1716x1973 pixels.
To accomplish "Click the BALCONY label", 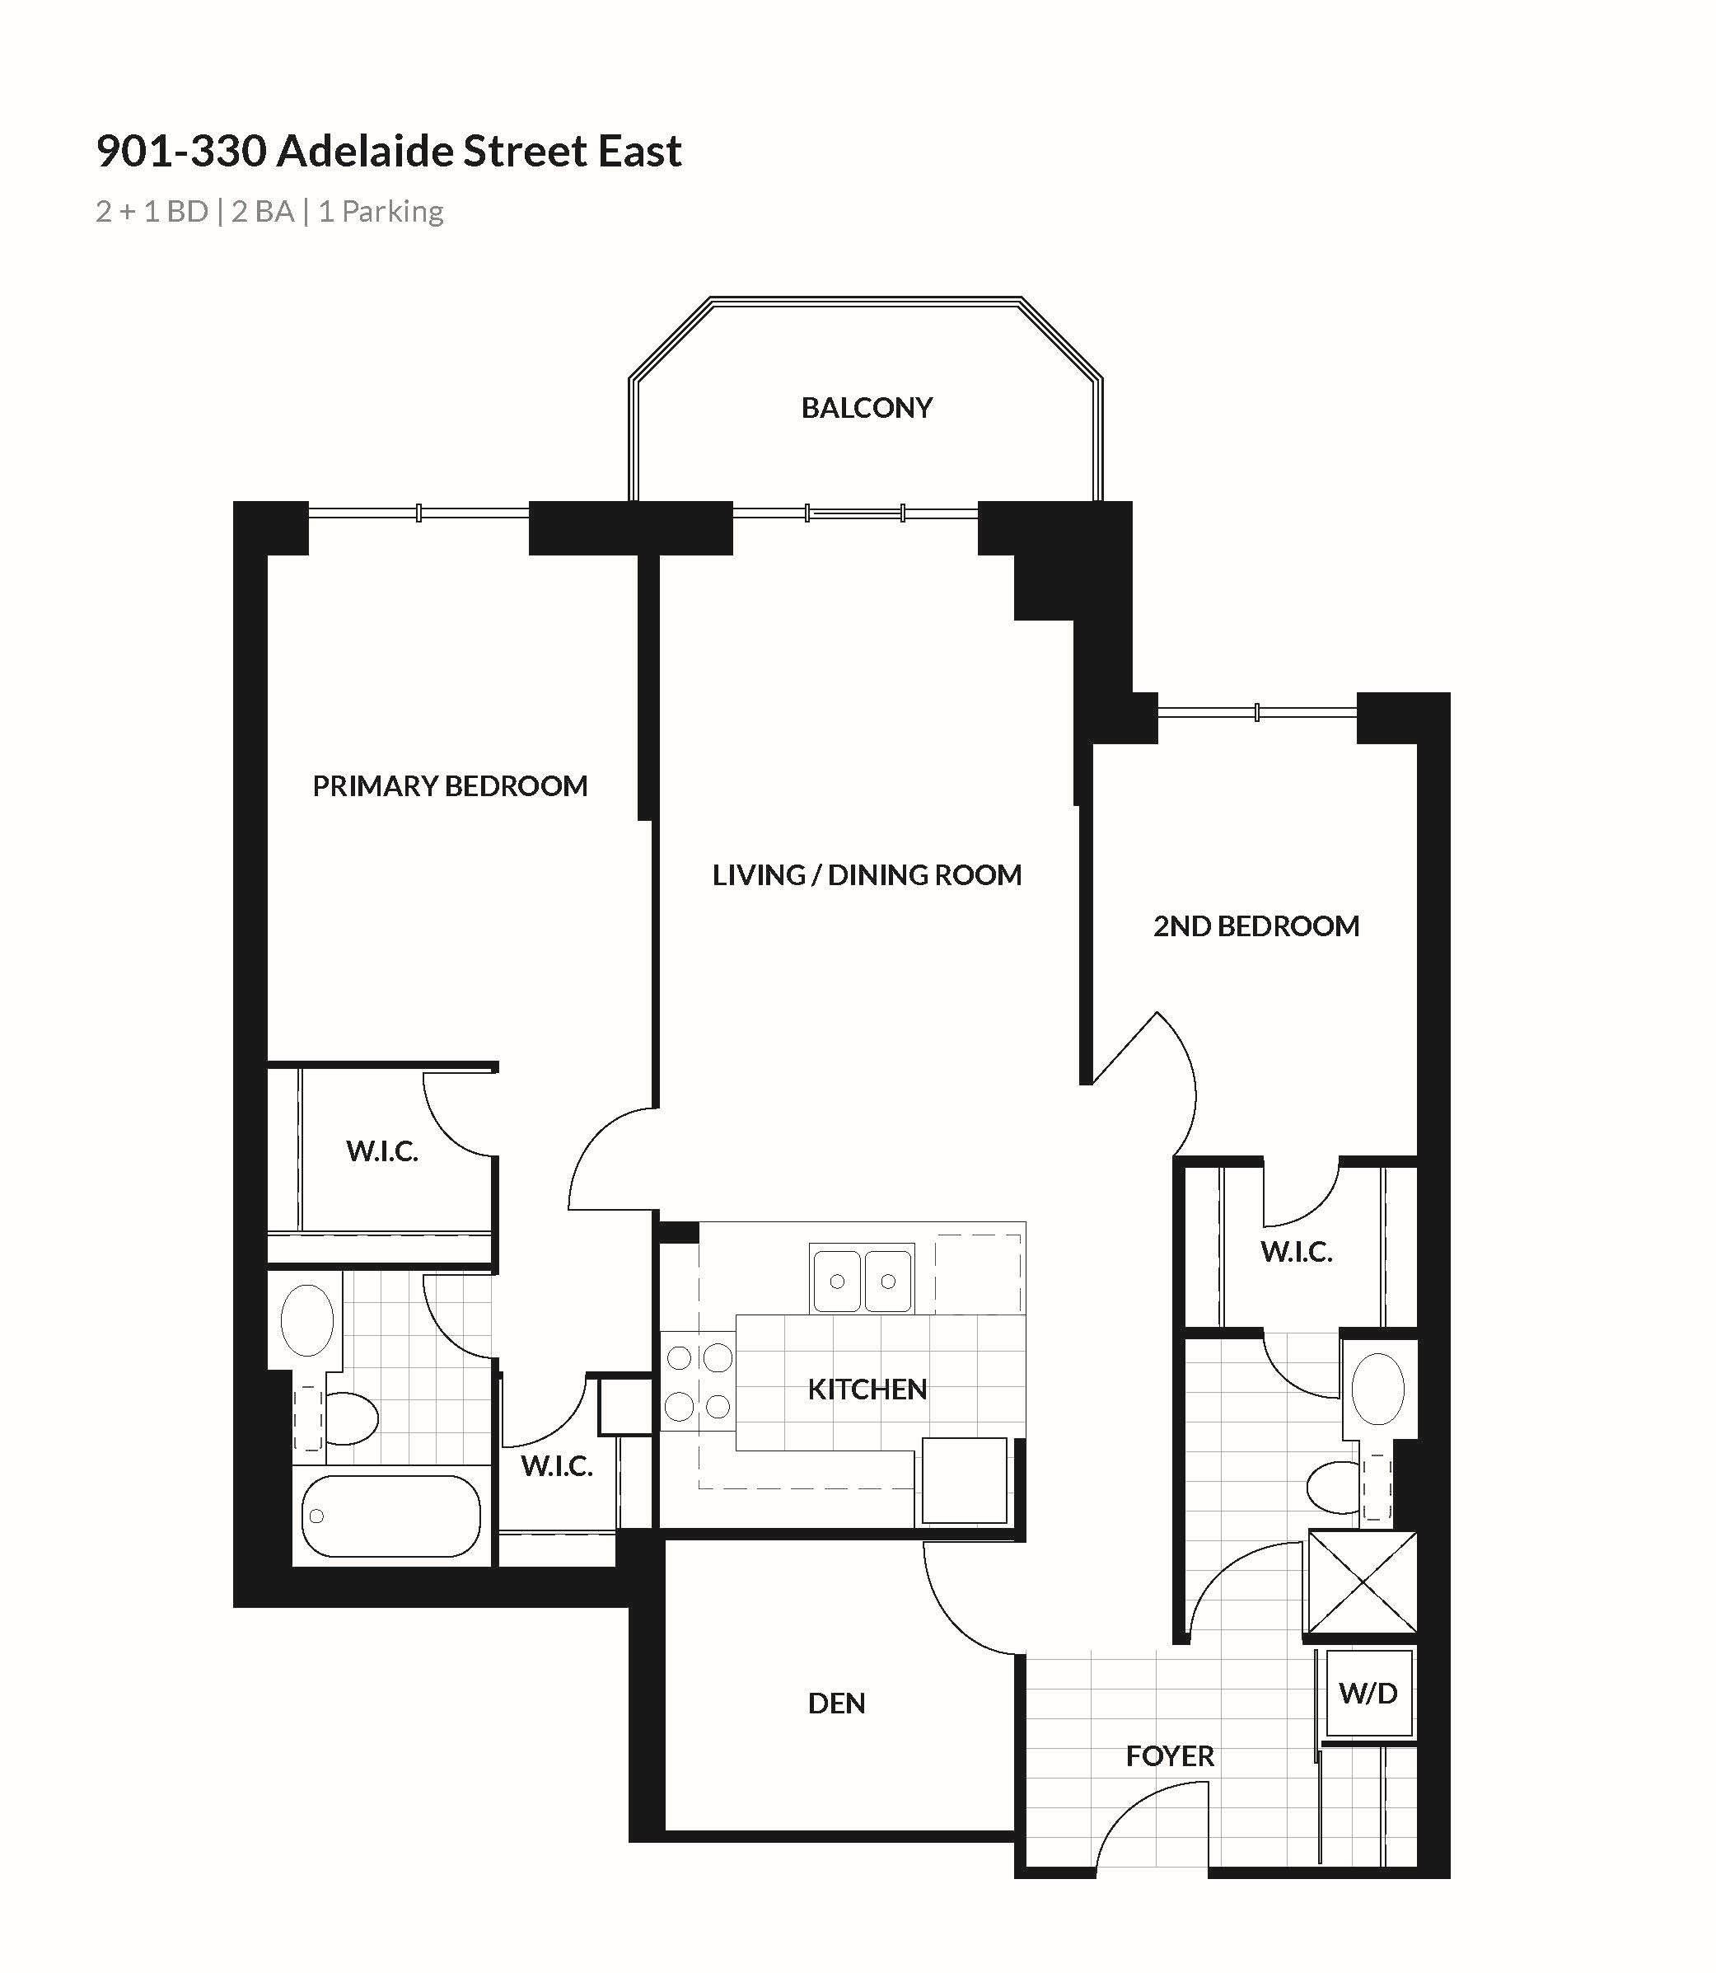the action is (867, 408).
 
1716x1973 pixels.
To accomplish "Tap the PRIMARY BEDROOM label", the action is (450, 786).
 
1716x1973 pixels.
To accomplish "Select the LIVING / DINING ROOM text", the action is (867, 874).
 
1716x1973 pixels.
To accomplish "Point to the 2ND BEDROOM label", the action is (1255, 926).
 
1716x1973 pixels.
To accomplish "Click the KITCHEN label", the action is (867, 1389).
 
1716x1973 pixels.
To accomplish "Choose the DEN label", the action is (837, 1703).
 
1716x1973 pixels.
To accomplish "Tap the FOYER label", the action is (1170, 1755).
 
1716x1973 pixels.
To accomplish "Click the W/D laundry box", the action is (1368, 1694).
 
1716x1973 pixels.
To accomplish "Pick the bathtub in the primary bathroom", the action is (390, 1516).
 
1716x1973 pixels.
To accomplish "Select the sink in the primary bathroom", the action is (306, 1319).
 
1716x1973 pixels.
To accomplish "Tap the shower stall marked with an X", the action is (1362, 1582).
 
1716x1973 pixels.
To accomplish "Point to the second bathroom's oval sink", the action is (1377, 1389).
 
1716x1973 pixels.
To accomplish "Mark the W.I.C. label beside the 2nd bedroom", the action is (1297, 1252).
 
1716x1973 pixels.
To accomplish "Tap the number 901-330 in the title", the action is (181, 152).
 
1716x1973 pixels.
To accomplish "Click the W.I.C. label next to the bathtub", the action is (556, 1465).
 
